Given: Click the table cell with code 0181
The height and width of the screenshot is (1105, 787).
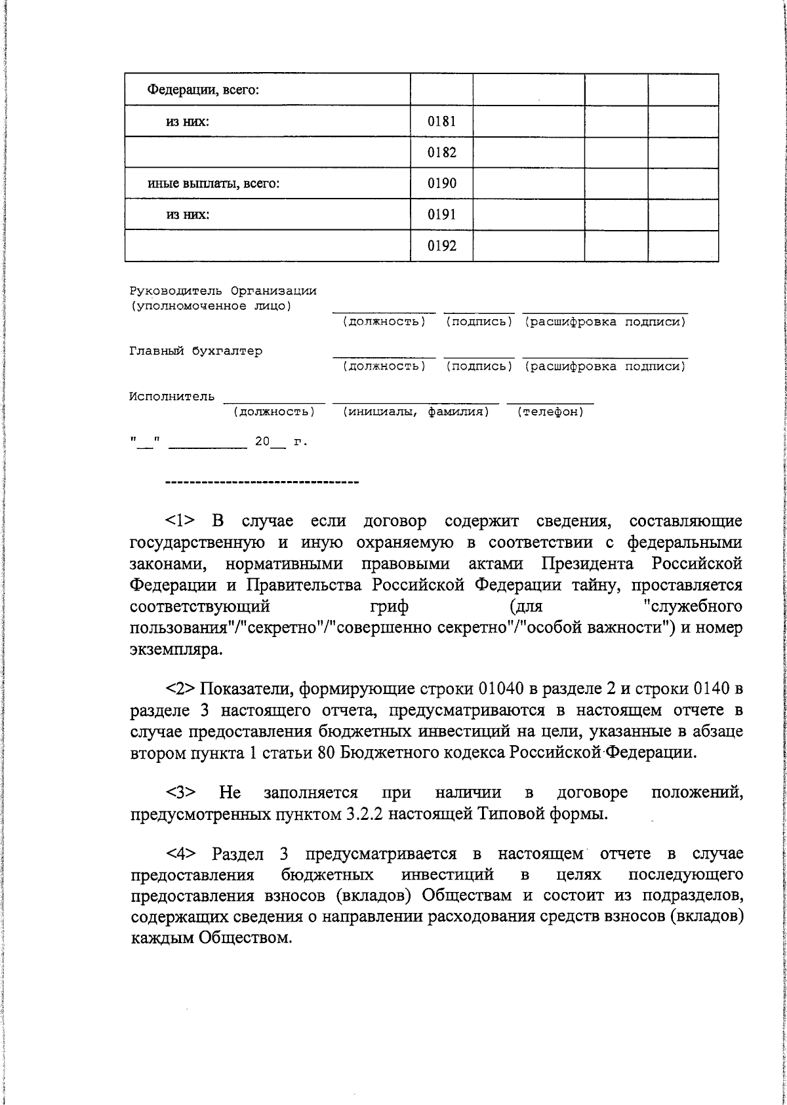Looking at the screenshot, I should (441, 121).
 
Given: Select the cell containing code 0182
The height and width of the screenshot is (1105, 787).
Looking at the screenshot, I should (441, 153).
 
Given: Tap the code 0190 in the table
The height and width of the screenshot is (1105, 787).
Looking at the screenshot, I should (441, 184).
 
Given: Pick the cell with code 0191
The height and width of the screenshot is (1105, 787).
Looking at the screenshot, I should (441, 214).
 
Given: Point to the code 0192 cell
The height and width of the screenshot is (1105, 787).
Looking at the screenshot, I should (441, 246).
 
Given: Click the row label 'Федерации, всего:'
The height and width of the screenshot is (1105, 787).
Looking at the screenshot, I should (203, 90).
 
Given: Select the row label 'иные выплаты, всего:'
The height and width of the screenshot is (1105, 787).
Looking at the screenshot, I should (213, 184).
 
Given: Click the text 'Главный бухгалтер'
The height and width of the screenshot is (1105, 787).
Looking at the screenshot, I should (195, 351).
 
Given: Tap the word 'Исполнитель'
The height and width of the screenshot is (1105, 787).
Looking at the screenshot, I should (171, 397).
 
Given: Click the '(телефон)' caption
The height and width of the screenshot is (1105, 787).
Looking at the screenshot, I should (550, 412).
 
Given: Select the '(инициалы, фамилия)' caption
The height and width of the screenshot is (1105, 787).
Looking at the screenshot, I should (416, 412).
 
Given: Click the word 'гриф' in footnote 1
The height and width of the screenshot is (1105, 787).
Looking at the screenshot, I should (390, 606).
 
